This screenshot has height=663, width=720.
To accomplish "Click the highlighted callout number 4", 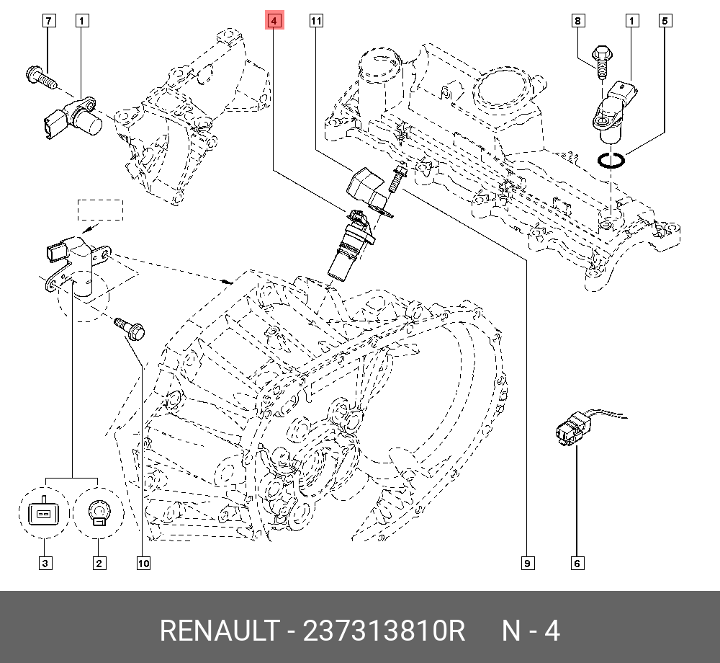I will [x=274, y=22].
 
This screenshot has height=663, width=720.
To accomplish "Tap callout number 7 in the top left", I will [x=48, y=22].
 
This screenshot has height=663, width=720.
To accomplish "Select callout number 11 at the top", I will [x=315, y=22].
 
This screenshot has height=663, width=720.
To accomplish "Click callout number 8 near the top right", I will [x=577, y=22].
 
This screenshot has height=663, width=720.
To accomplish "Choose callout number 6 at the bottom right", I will [x=577, y=563].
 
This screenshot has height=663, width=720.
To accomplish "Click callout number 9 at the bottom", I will [x=527, y=563].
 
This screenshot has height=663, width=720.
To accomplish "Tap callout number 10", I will [x=143, y=563].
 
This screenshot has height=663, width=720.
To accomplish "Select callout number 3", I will [x=45, y=563].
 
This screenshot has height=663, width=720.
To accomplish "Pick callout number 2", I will [x=98, y=563].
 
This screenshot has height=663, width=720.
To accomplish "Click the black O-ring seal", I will [x=611, y=161].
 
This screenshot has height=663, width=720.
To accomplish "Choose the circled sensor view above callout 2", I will [x=98, y=514].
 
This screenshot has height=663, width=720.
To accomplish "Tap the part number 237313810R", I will [x=384, y=631].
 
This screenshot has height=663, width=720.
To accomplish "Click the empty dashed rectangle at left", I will [x=101, y=210].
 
